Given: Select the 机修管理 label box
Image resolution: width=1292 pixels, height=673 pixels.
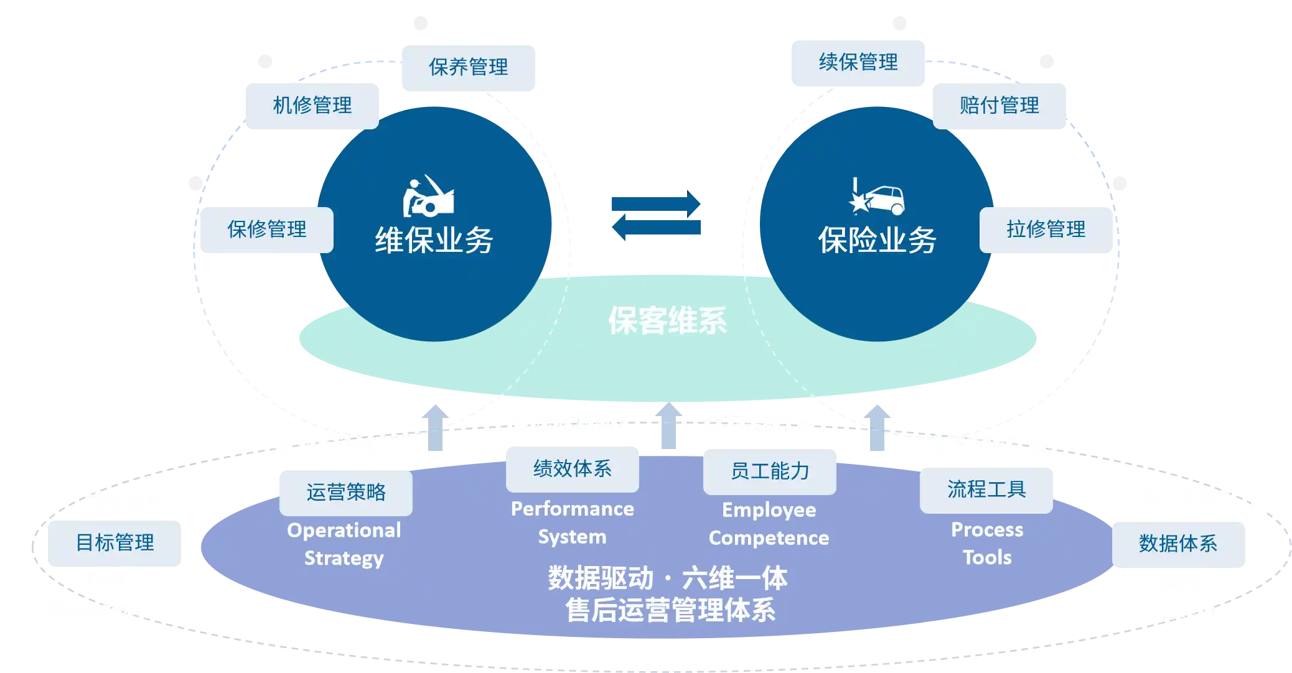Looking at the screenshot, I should (x=312, y=105).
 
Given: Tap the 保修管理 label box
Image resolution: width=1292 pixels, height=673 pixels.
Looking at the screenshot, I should (x=266, y=230).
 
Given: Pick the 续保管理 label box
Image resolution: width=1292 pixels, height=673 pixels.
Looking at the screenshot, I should (x=858, y=63).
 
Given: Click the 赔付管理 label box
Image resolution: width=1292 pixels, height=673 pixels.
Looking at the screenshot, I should (x=999, y=105).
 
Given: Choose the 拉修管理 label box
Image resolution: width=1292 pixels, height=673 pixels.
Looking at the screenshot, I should (x=1046, y=230).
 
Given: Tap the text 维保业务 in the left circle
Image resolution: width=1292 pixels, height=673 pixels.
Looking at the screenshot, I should (x=434, y=241).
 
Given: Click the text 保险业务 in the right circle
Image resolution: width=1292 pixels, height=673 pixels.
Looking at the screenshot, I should (x=877, y=241).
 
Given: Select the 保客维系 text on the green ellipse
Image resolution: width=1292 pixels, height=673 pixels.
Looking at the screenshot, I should (x=667, y=321).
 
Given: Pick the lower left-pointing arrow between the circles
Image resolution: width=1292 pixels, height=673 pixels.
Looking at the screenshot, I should (x=655, y=229).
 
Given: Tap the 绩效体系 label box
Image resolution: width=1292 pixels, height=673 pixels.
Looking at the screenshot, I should (x=572, y=468).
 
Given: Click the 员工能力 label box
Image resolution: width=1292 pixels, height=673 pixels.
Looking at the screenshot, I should (x=769, y=471).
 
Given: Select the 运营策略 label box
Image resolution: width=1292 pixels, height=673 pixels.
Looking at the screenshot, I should (x=345, y=492).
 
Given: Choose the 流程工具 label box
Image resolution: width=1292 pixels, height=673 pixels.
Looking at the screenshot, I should (x=986, y=490).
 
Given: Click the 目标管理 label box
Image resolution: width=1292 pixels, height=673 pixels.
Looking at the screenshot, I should (x=115, y=543).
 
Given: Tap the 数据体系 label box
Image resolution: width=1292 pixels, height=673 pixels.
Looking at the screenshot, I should (x=1178, y=544).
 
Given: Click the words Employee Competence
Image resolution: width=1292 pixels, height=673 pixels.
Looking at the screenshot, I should (x=769, y=524).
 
